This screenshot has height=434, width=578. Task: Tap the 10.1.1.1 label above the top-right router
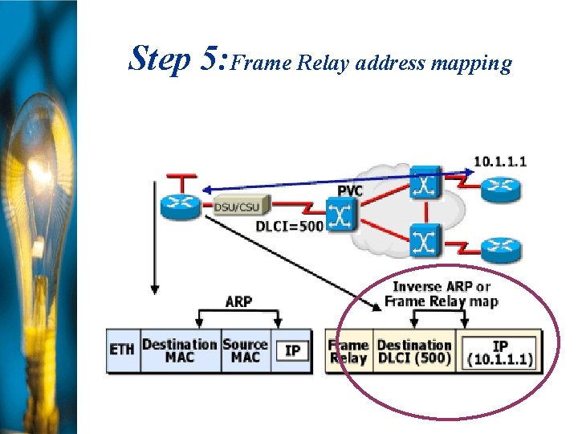pyautogui.click(x=499, y=161)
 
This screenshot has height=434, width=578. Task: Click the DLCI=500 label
pyautogui.click(x=289, y=227)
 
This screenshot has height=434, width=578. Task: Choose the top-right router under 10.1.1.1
pyautogui.click(x=501, y=190)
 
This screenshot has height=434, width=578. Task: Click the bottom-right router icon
pyautogui.click(x=501, y=245)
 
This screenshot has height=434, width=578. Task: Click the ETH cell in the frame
pyautogui.click(x=122, y=350)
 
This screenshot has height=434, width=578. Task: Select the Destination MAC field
pyautogui.click(x=180, y=350)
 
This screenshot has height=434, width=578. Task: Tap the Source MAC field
pyautogui.click(x=245, y=350)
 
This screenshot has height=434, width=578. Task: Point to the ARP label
pyautogui.click(x=238, y=301)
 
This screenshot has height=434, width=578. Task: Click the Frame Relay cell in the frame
pyautogui.click(x=348, y=351)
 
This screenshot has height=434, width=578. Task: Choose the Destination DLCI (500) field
pyautogui.click(x=414, y=351)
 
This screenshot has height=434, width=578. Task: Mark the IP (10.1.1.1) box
pyautogui.click(x=499, y=353)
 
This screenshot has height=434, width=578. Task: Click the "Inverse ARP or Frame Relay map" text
pyautogui.click(x=441, y=294)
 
